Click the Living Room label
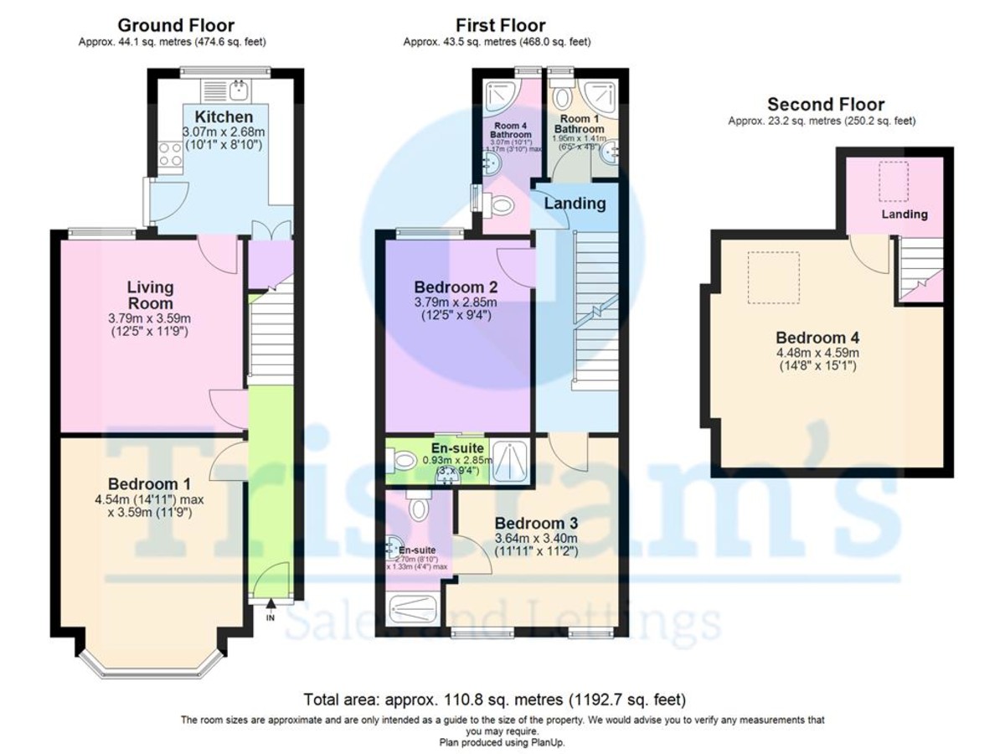[151, 296]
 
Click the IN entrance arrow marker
[270, 610]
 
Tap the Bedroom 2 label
[456, 287]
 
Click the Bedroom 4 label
[817, 338]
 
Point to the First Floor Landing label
[575, 203]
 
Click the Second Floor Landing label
[904, 214]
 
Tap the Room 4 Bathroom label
[511, 130]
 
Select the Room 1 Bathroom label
[581, 124]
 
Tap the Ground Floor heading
[176, 25]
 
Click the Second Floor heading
[825, 105]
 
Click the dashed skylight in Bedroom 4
[774, 277]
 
